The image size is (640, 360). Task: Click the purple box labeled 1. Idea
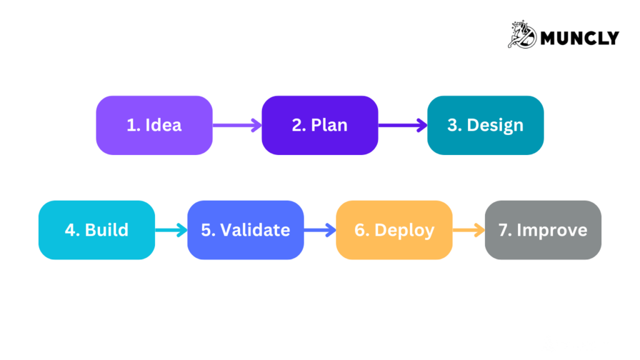coord(154,125)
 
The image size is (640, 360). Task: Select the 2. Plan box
coord(319,125)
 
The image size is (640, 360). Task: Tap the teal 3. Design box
coord(485,125)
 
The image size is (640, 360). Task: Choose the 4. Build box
coord(96,230)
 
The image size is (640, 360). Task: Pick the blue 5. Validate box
coord(245,230)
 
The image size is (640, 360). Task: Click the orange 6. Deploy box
coord(394,230)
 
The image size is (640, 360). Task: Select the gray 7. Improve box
coord(542,230)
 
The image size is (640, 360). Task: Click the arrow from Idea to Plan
coord(237,125)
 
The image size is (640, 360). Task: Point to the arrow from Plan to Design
coord(402,125)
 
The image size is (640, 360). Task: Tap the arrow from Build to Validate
coord(171,230)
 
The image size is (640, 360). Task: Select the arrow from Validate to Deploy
coord(320,230)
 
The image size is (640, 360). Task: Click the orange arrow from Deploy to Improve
coord(469,230)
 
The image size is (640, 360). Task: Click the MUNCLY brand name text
coord(579,38)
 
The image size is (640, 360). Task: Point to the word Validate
coord(255,230)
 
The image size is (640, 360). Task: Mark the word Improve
coord(552,230)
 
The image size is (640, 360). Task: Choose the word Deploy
coord(404,230)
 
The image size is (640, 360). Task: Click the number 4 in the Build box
coord(69,230)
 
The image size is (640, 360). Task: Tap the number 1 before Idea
coord(131,125)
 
